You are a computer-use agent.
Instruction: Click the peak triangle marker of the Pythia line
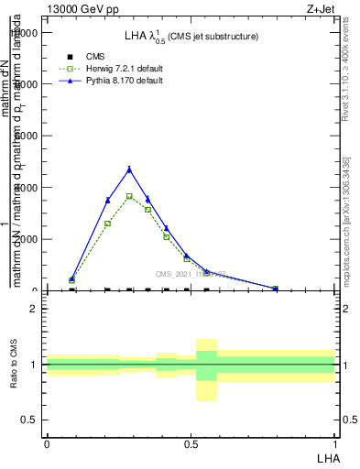tap(129, 169)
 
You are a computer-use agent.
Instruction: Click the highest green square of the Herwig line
tap(129, 196)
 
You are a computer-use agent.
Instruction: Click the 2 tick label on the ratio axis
tap(33, 309)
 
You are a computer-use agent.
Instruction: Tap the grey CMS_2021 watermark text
tap(191, 274)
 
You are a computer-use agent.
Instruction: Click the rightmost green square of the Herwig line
tap(276, 289)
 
